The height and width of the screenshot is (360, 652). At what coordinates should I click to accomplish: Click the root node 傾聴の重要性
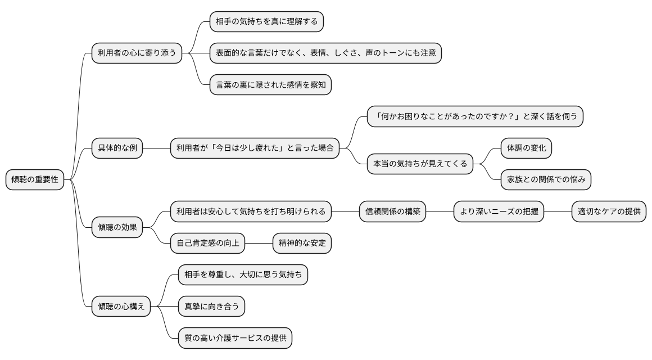35,180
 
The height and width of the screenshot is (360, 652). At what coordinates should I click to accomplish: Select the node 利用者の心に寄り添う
137,53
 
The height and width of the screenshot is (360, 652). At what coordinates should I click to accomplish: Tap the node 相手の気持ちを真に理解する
267,21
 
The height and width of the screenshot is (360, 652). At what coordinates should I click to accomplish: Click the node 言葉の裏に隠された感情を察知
270,85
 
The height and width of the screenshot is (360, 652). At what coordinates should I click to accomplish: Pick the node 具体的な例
117,148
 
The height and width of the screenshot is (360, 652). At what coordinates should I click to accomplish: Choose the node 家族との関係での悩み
546,180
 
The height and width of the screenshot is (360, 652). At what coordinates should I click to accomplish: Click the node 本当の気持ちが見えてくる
420,164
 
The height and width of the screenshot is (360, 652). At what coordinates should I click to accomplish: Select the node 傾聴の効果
117,227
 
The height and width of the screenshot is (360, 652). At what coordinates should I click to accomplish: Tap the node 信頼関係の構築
392,212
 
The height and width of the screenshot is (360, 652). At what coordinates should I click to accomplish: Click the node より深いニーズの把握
499,212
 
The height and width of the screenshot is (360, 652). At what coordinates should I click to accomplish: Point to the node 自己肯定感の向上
208,243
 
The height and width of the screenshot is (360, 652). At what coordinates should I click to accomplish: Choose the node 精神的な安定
302,243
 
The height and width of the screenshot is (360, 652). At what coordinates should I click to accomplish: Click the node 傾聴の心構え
121,307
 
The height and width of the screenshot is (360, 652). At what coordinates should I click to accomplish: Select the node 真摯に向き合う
211,307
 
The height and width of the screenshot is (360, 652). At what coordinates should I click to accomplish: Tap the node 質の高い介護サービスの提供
235,338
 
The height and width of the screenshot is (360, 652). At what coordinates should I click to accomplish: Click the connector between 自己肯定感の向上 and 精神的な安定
259,243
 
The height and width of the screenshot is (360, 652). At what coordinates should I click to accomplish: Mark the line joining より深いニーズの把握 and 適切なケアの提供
558,212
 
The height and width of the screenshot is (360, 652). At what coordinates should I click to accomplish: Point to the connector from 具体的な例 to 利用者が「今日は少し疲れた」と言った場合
156,148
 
